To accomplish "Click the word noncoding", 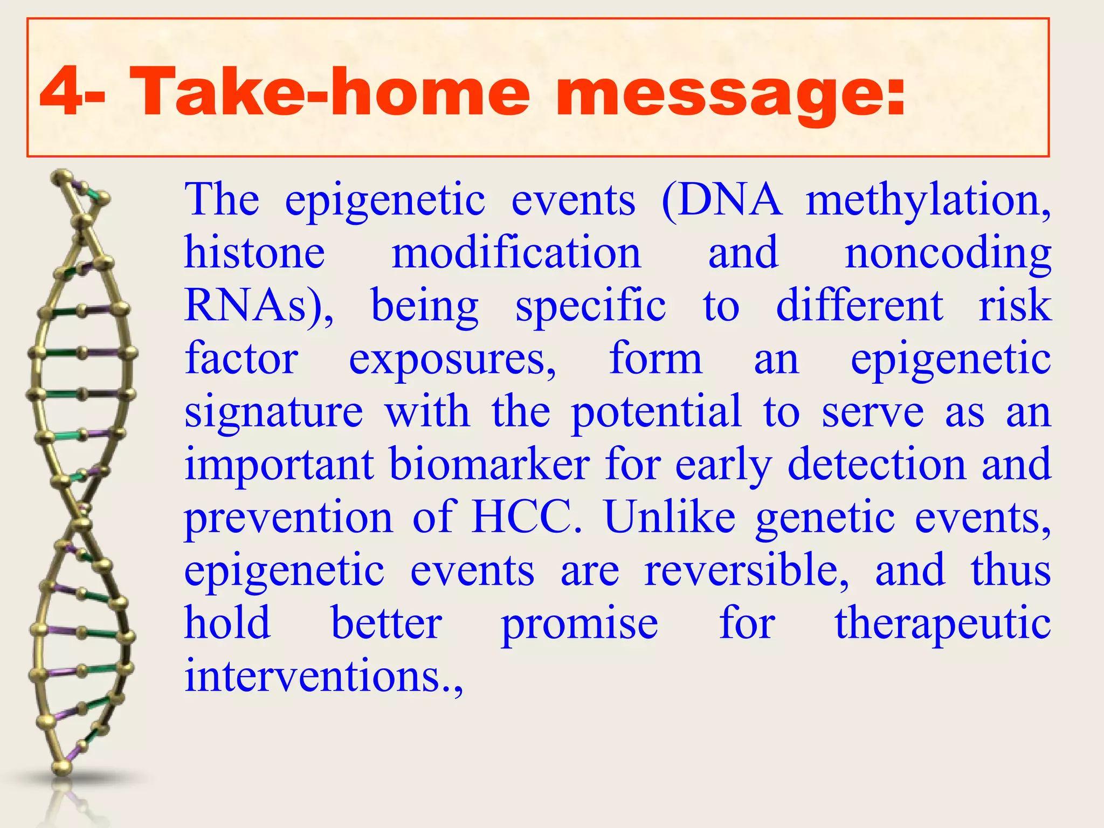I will tap(948, 253).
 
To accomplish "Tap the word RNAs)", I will tap(259, 305).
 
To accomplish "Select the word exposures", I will tap(452, 358).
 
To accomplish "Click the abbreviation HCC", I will tap(527, 516).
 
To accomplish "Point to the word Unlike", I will tap(670, 516).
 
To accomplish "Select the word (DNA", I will tap(721, 201).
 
